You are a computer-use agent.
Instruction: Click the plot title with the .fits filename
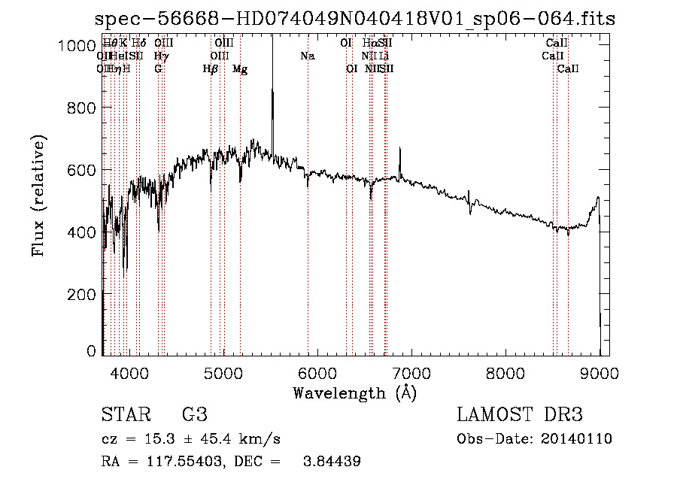[356, 19]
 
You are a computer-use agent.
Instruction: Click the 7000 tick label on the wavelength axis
[411, 372]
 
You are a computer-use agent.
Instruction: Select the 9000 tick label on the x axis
[600, 372]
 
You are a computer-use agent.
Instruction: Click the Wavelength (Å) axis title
[354, 393]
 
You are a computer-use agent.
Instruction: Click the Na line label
[307, 56]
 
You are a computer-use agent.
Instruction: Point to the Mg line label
[240, 69]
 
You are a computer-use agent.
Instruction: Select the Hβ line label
[211, 69]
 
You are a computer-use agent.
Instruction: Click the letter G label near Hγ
[158, 69]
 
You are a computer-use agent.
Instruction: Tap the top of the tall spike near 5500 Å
[272, 38]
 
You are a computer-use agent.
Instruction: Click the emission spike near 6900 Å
[400, 150]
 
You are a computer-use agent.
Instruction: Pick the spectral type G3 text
[194, 415]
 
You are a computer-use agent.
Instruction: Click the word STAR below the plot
[125, 415]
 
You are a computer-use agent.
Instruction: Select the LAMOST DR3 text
[519, 415]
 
